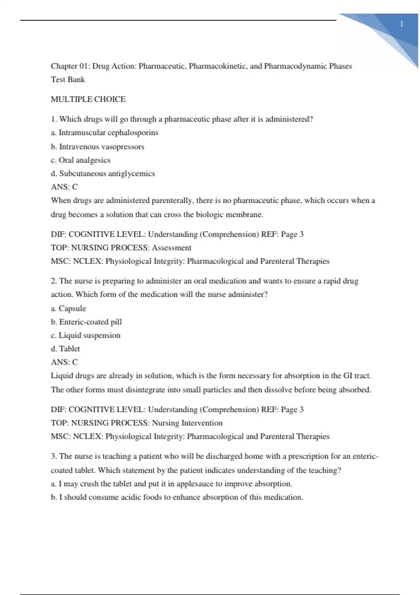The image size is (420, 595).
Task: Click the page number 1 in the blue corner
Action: click(x=401, y=24)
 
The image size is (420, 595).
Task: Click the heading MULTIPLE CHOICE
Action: click(x=88, y=99)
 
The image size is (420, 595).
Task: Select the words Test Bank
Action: click(x=68, y=80)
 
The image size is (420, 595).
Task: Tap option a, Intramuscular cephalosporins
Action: click(x=105, y=133)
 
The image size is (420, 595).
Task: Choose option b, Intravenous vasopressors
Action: click(x=98, y=147)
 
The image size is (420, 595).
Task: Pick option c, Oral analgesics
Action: click(x=80, y=160)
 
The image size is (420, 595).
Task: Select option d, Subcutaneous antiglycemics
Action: click(x=103, y=174)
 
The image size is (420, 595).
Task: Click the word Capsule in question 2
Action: click(x=72, y=308)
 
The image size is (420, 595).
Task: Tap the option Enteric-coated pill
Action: click(x=90, y=322)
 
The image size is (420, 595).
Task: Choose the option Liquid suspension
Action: click(x=89, y=335)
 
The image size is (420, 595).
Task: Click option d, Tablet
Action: click(x=65, y=349)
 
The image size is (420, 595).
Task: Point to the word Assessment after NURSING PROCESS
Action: click(x=171, y=248)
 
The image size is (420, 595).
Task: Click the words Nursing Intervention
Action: click(x=187, y=423)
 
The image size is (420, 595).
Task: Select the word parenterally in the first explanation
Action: click(x=172, y=201)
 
